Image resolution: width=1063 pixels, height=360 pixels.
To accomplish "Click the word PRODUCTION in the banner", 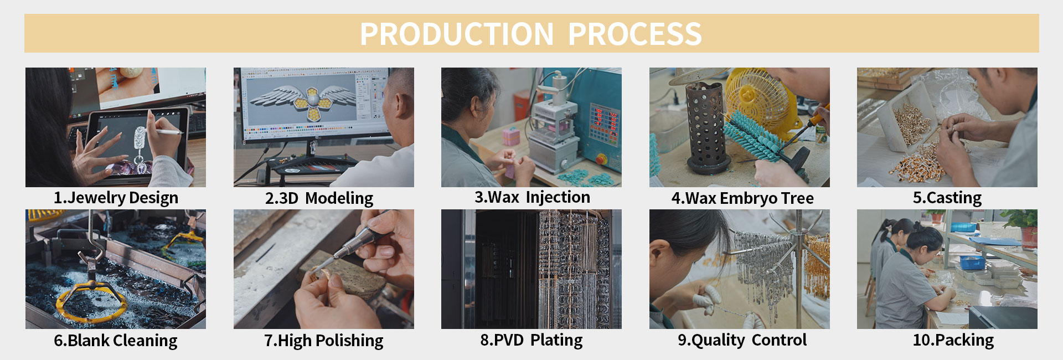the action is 457,34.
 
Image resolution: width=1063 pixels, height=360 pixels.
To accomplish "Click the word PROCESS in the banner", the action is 635,34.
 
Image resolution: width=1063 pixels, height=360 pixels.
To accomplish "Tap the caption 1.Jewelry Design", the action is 116,198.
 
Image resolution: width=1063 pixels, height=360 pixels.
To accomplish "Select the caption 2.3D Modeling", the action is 319,198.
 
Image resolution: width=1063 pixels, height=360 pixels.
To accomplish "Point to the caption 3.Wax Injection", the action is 532,198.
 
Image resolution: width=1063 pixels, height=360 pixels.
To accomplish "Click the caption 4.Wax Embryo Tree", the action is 742,198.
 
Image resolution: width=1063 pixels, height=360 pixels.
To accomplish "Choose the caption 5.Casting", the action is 947,198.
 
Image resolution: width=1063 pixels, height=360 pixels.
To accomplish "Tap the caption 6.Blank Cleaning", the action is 116,341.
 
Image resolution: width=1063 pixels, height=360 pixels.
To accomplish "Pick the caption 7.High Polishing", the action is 324,341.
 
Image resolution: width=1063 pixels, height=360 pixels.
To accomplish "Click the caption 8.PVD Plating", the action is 531,340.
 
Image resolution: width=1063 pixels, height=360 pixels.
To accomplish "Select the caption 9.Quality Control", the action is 742,340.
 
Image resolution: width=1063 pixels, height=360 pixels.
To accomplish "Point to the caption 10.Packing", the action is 953,340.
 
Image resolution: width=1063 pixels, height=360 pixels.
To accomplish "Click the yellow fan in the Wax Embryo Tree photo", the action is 761,102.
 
